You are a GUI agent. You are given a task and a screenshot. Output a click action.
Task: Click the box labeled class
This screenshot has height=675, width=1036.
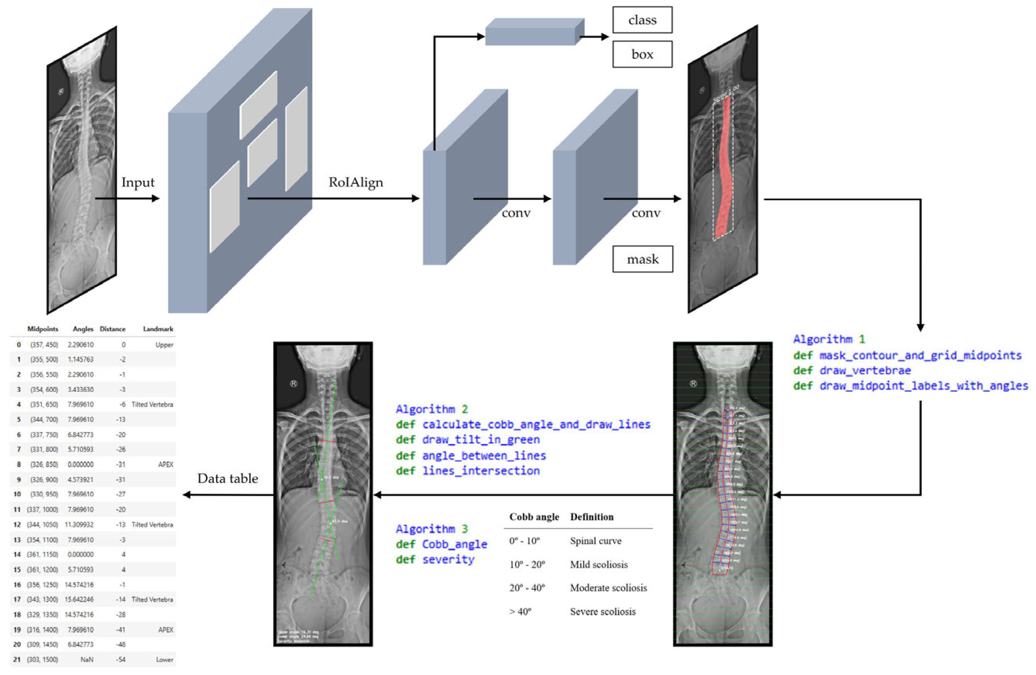click(x=642, y=20)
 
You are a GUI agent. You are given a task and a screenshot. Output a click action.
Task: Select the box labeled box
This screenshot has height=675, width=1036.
click(x=642, y=55)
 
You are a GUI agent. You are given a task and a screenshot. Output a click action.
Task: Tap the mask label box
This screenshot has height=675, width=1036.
click(x=643, y=259)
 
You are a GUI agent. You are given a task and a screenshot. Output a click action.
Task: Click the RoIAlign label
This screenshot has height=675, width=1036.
click(x=356, y=182)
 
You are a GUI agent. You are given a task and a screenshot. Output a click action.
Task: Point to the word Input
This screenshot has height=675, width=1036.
click(x=137, y=182)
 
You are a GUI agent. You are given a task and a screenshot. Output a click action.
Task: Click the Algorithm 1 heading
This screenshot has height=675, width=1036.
click(x=829, y=339)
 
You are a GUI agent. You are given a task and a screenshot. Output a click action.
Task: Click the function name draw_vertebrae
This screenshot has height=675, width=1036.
click(x=865, y=371)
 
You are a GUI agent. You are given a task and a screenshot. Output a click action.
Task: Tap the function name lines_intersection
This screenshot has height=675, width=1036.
click(x=481, y=471)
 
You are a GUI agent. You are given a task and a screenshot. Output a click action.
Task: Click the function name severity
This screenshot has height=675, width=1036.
click(x=448, y=560)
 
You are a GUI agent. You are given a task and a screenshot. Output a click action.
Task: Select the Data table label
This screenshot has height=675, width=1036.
click(x=228, y=479)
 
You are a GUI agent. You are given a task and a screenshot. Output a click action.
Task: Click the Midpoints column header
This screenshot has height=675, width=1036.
click(x=43, y=329)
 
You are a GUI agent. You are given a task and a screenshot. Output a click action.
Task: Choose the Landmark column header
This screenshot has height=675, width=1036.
click(x=158, y=329)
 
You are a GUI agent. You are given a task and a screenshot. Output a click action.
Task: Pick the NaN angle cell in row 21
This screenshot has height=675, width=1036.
click(x=87, y=660)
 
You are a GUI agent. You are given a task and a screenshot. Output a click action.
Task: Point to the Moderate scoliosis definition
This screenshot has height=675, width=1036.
click(x=608, y=588)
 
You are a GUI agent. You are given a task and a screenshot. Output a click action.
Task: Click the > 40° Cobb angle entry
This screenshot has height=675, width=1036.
click(x=520, y=612)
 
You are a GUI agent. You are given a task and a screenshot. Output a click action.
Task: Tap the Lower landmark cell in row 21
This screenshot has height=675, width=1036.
click(x=165, y=660)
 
